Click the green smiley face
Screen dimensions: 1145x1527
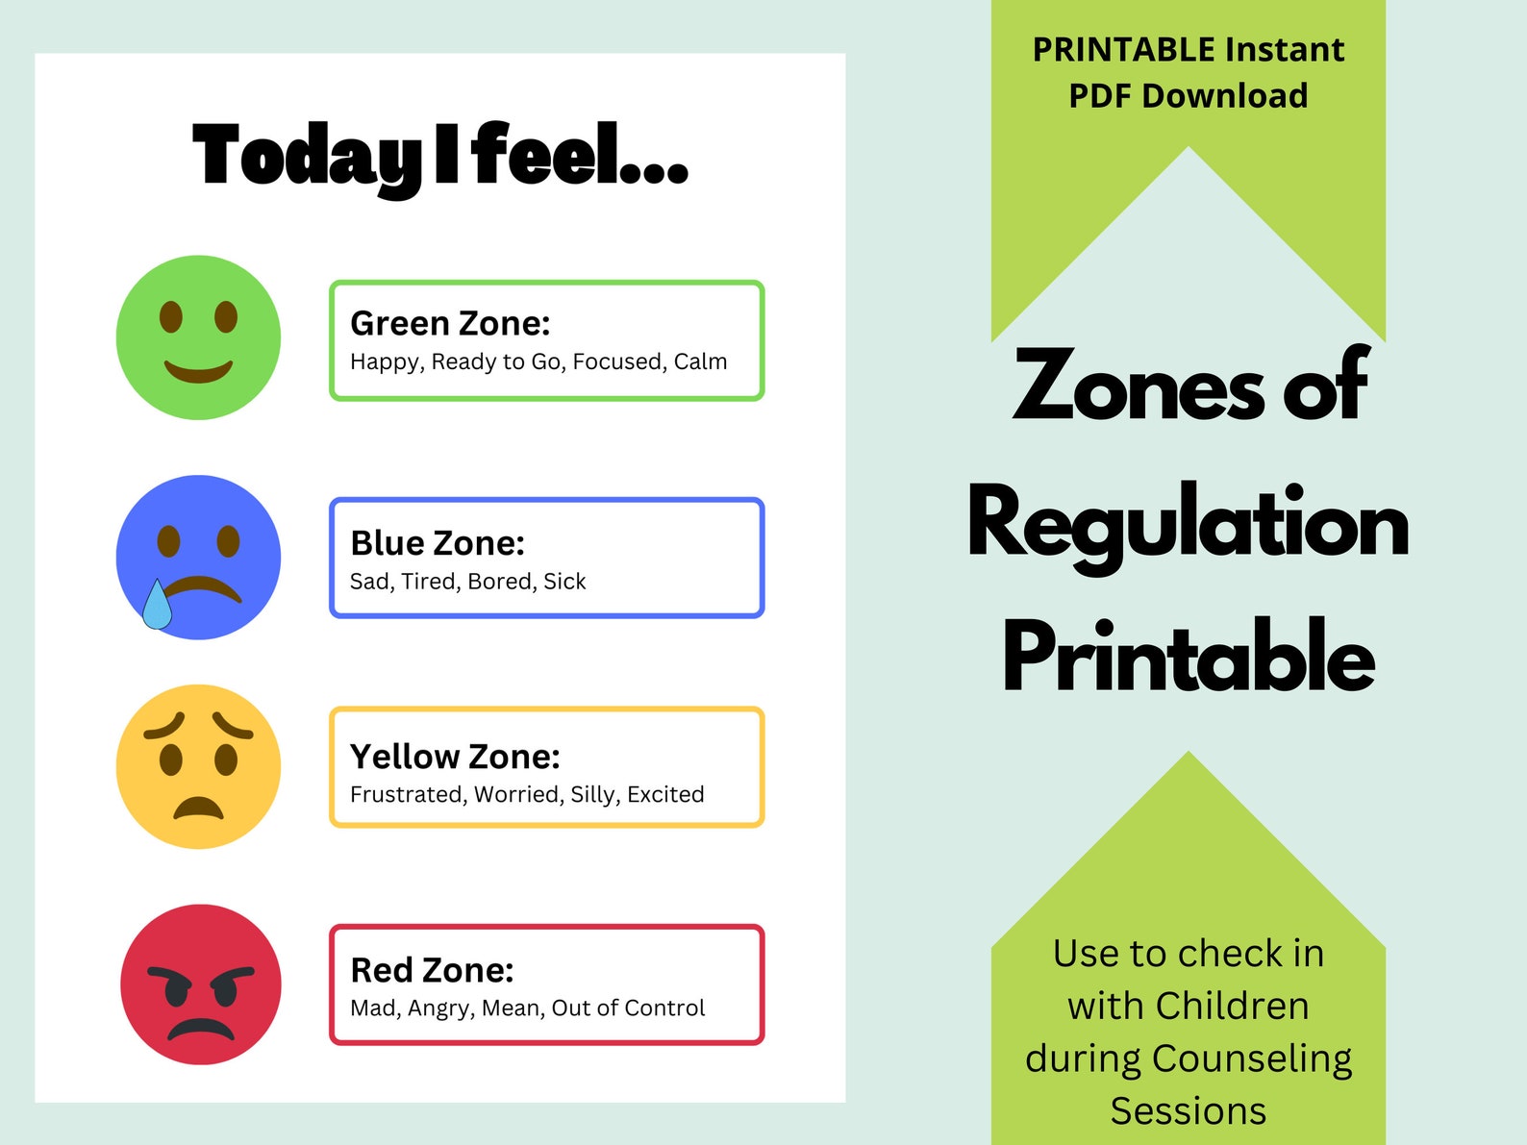pyautogui.click(x=198, y=337)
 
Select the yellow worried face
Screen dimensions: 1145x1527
pyautogui.click(x=198, y=766)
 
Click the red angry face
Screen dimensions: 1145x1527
pyautogui.click(x=200, y=984)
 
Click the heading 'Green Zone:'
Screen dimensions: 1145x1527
pyautogui.click(x=450, y=324)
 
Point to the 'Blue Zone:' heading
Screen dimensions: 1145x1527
pyautogui.click(x=438, y=543)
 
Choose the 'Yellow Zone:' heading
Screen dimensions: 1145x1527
pyautogui.click(x=455, y=757)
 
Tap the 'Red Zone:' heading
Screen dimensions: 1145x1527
pyautogui.click(x=432, y=970)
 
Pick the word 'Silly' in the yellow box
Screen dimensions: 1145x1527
pyautogui.click(x=593, y=795)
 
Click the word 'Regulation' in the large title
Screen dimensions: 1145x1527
pyautogui.click(x=1189, y=525)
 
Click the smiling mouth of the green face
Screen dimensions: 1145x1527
pyautogui.click(x=198, y=370)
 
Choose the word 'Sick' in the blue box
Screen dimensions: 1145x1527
pyautogui.click(x=564, y=582)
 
